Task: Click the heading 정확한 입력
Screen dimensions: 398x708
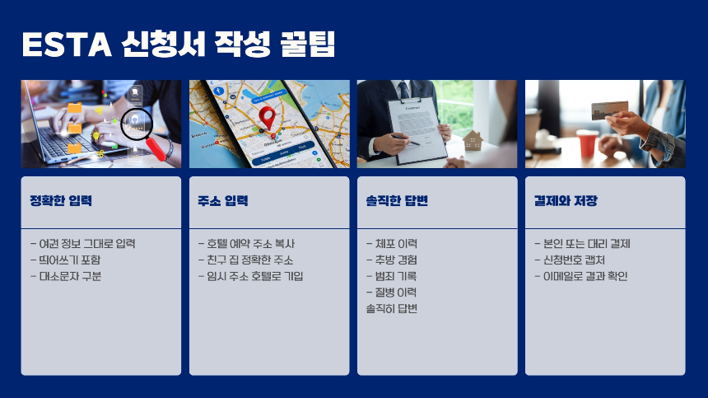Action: click(61, 201)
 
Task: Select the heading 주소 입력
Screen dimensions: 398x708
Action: click(223, 201)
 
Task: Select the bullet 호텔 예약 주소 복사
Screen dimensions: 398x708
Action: click(246, 244)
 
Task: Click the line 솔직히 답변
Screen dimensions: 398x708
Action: click(392, 308)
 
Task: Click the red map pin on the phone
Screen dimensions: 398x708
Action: click(266, 117)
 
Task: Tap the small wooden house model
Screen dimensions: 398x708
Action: click(473, 141)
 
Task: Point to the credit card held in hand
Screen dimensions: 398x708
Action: click(609, 110)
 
